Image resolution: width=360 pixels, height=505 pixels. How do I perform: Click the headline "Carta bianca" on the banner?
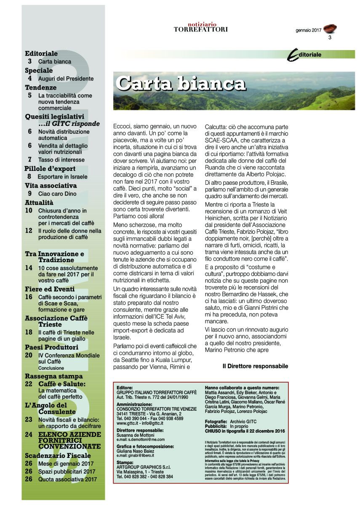pyautogui.click(x=180, y=83)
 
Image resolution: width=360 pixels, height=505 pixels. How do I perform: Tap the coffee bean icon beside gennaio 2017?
pyautogui.click(x=331, y=29)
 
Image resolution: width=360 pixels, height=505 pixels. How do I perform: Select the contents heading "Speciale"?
pyautogui.click(x=39, y=70)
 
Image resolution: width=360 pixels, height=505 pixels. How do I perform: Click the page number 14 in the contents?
pyautogui.click(x=29, y=268)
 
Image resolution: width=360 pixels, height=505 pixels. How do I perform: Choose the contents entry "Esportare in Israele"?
pyautogui.click(x=62, y=177)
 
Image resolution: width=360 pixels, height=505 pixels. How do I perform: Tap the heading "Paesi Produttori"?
pyautogui.click(x=51, y=347)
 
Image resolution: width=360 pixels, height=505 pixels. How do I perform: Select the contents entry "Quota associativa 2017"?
pyautogui.click(x=67, y=479)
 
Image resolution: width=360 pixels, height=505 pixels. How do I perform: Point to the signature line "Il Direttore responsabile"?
pyautogui.click(x=255, y=366)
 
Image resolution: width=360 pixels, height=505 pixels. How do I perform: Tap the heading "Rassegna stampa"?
pyautogui.click(x=53, y=376)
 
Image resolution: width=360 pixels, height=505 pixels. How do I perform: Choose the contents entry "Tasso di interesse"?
pyautogui.click(x=61, y=160)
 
